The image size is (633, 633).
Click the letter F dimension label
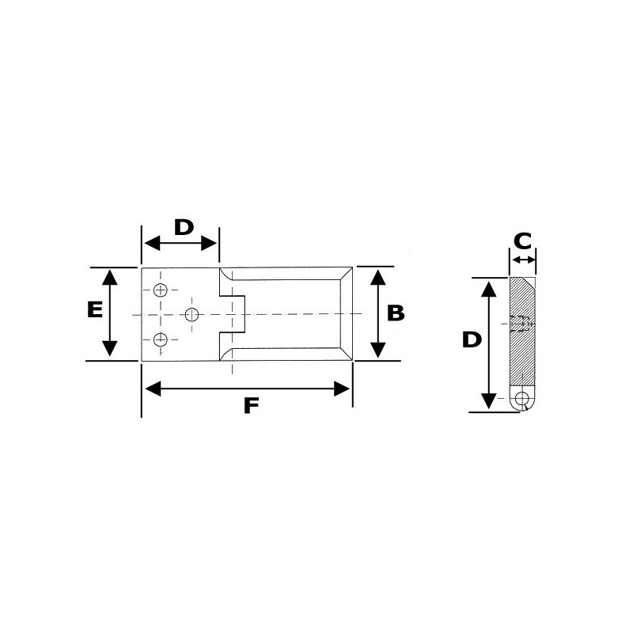pyautogui.click(x=251, y=405)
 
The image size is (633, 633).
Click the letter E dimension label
pyautogui.click(x=93, y=309)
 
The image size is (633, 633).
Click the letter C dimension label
pyautogui.click(x=522, y=240)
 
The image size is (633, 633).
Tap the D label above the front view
pyautogui.click(x=183, y=227)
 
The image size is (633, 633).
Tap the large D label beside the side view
pyautogui.click(x=471, y=340)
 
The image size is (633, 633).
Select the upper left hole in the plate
pyautogui.click(x=161, y=290)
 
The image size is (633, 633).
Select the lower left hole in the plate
pyautogui.click(x=161, y=339)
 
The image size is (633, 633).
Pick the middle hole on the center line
pyautogui.click(x=191, y=315)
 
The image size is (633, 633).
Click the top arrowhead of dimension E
pyautogui.click(x=110, y=276)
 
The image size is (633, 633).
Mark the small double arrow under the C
pyautogui.click(x=523, y=260)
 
